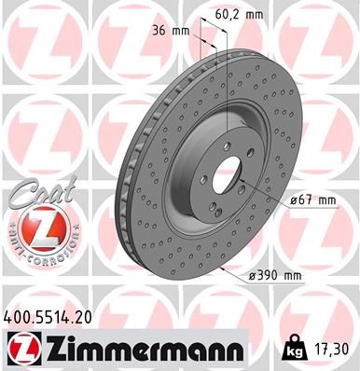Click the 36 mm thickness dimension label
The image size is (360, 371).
176,31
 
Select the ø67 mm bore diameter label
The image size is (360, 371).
312,199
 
